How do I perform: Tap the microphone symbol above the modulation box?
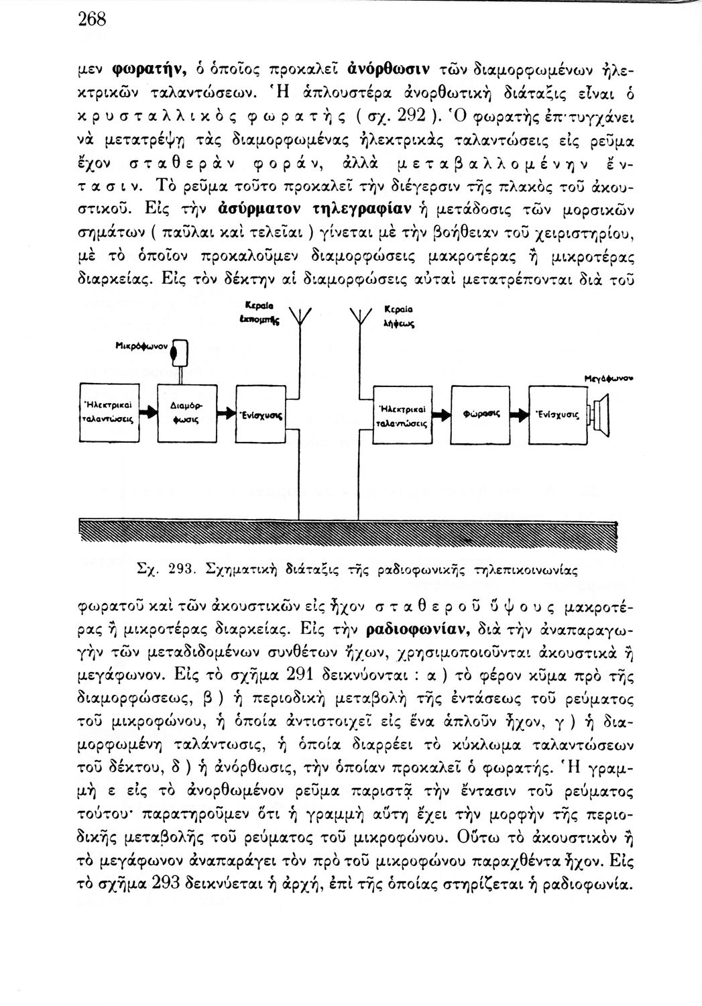pos(179,352)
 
